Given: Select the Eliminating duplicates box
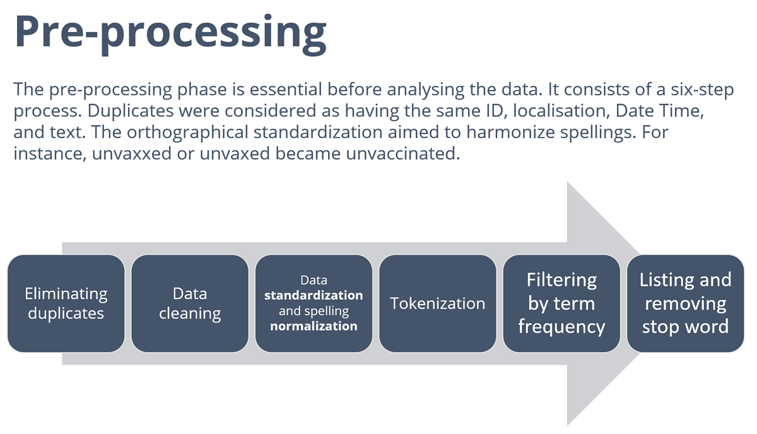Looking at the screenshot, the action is tap(66, 303).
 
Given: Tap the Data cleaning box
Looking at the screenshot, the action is tap(190, 303).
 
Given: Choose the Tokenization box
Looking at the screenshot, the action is tap(438, 303).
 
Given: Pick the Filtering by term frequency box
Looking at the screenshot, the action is tap(561, 303).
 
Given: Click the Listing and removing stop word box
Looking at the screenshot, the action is tap(685, 303).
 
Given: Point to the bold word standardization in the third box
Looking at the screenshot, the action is tap(314, 295).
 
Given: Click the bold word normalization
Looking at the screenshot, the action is tap(314, 326).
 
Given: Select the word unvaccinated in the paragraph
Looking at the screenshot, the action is tap(403, 153).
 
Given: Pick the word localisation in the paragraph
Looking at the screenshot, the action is tap(561, 111).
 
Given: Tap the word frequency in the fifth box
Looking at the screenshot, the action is tap(561, 327).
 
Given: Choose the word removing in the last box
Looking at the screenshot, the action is tap(685, 304).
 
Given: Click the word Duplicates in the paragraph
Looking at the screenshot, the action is tap(131, 112).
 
